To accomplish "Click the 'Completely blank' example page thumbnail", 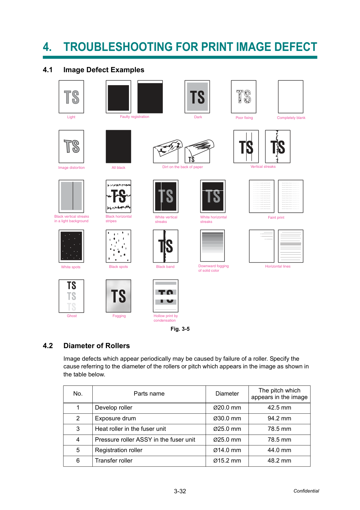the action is (x=290, y=97).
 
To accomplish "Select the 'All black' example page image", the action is (x=118, y=147).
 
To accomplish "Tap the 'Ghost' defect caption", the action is (x=72, y=316).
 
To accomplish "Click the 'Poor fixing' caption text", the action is (x=244, y=118).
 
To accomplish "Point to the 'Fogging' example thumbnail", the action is (x=118, y=296).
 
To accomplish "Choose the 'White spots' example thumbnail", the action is (x=71, y=246).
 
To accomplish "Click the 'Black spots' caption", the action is (x=118, y=267).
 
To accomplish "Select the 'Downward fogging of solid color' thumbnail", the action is (x=212, y=246).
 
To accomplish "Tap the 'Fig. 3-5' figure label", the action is (x=180, y=329).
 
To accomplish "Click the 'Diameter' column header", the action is (x=227, y=393).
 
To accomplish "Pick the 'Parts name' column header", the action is (x=149, y=393).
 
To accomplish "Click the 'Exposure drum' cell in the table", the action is (x=115, y=418).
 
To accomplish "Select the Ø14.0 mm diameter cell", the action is (x=227, y=450).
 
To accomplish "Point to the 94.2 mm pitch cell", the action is (x=279, y=418).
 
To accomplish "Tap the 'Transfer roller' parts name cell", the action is (x=114, y=460).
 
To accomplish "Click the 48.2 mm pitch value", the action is (x=279, y=460).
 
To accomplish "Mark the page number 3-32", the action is (x=180, y=491).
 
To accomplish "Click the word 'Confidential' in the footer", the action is (x=306, y=491).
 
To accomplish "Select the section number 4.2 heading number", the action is (x=48, y=346).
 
